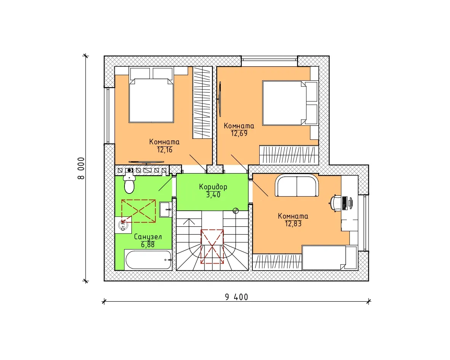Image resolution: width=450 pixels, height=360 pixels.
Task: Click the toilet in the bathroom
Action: coord(129,183)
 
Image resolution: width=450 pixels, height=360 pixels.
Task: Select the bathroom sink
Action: coord(166,209)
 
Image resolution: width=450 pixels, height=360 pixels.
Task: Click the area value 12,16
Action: coord(165,150)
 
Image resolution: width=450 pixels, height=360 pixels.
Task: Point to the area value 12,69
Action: coord(239,133)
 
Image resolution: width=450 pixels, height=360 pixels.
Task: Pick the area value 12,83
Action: coord(293,224)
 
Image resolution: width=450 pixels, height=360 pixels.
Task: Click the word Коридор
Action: coord(213,187)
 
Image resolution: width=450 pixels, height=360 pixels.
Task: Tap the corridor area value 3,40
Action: coord(213,195)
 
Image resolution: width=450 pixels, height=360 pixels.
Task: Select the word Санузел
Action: coord(148,237)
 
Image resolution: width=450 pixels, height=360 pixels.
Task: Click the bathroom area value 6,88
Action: coord(148,245)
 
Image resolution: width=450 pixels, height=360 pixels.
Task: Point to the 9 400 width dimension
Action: coord(236,297)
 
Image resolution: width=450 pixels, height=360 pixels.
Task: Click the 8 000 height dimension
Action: coord(81,168)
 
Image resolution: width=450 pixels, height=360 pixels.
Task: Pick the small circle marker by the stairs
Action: coord(236,211)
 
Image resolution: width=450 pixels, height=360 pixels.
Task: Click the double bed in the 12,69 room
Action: coord(290,103)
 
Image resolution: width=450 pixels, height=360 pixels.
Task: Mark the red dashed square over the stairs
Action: coord(212,246)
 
